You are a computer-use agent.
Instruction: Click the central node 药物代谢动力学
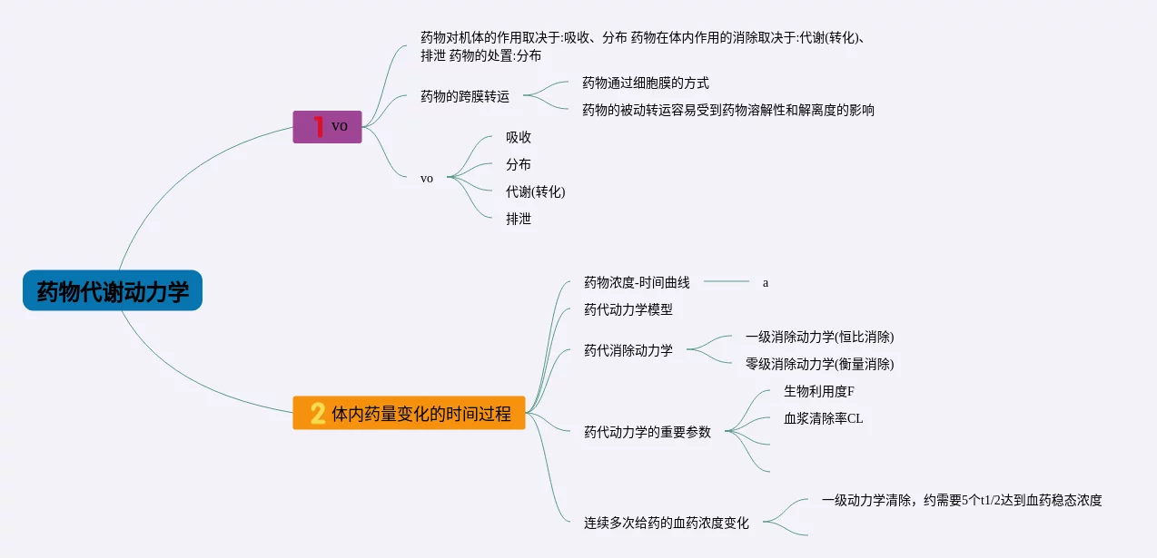click(x=113, y=291)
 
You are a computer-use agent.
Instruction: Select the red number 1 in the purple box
click(x=319, y=126)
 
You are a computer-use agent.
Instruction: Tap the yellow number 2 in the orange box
click(x=318, y=413)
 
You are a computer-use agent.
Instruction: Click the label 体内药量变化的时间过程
click(x=421, y=414)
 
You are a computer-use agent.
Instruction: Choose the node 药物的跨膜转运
click(x=465, y=96)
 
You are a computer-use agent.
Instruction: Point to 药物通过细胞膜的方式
click(x=646, y=83)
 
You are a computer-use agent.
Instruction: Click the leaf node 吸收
click(x=519, y=137)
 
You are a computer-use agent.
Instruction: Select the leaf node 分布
click(x=519, y=164)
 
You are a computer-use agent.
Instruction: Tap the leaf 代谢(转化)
click(x=536, y=191)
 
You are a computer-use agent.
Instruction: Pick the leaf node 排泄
click(x=519, y=219)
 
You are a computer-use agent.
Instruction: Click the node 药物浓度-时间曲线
click(x=637, y=282)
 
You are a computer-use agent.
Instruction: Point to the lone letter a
click(x=766, y=282)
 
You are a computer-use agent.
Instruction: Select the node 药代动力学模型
click(x=628, y=309)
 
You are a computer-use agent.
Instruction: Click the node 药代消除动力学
click(x=628, y=350)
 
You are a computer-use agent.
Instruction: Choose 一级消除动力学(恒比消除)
click(x=820, y=337)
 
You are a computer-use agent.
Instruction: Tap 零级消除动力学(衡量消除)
click(x=820, y=364)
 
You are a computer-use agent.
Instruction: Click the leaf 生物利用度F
click(x=819, y=391)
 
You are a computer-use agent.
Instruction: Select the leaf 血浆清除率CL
click(x=824, y=418)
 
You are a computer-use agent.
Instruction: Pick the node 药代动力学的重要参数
click(x=648, y=432)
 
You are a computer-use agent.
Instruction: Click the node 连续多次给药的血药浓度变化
click(x=667, y=523)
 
